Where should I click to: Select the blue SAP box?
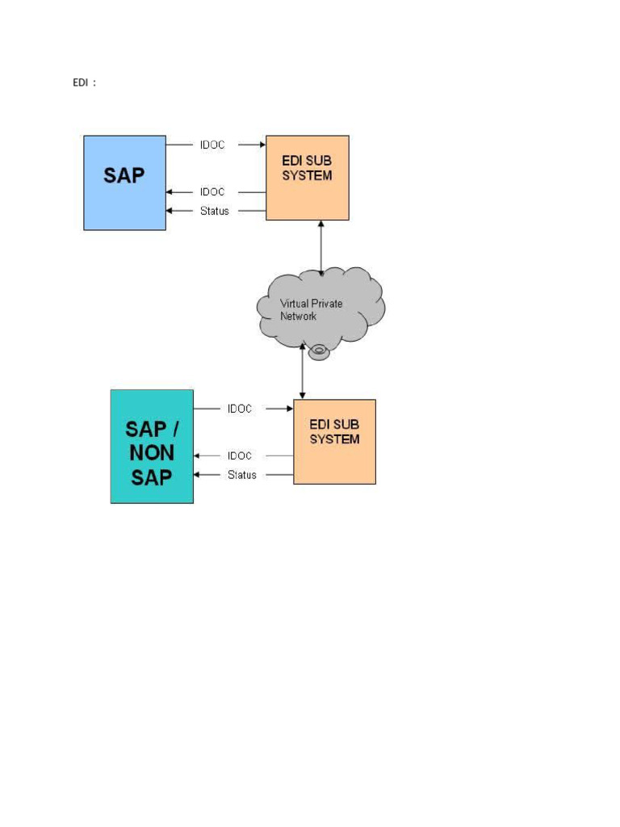(x=124, y=183)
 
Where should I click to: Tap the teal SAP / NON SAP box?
(x=152, y=446)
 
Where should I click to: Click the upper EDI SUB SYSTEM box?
(x=308, y=178)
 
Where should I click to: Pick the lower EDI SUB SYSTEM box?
(x=334, y=442)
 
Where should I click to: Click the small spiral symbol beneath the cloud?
(x=320, y=351)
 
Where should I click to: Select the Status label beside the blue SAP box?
(x=215, y=212)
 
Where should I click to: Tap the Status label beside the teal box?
(x=241, y=475)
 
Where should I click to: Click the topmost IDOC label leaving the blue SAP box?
(x=212, y=145)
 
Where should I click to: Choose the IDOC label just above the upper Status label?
(x=212, y=192)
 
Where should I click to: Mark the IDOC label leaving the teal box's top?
(x=239, y=409)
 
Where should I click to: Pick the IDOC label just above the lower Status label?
(x=239, y=456)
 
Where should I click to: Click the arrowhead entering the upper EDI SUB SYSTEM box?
(x=262, y=145)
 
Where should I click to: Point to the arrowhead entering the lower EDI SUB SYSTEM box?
(x=289, y=409)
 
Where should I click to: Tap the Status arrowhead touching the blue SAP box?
(x=170, y=212)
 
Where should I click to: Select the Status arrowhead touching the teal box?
(x=197, y=475)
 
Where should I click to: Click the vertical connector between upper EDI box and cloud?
(x=321, y=246)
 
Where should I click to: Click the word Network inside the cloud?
(x=298, y=317)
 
